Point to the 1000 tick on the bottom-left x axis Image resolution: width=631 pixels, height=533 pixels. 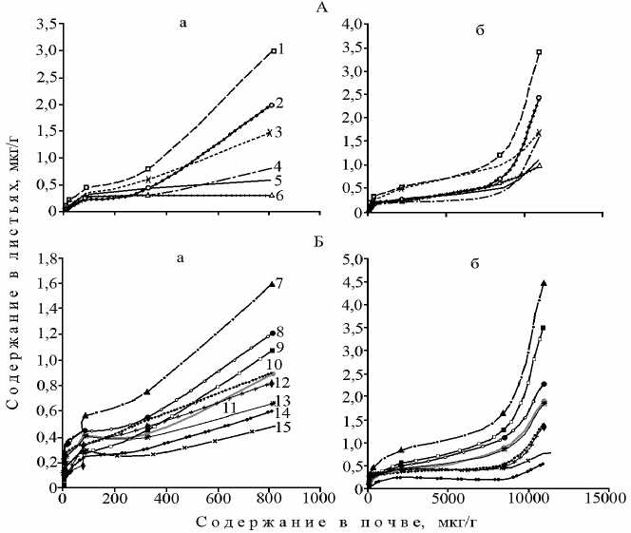(x=318, y=497)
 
